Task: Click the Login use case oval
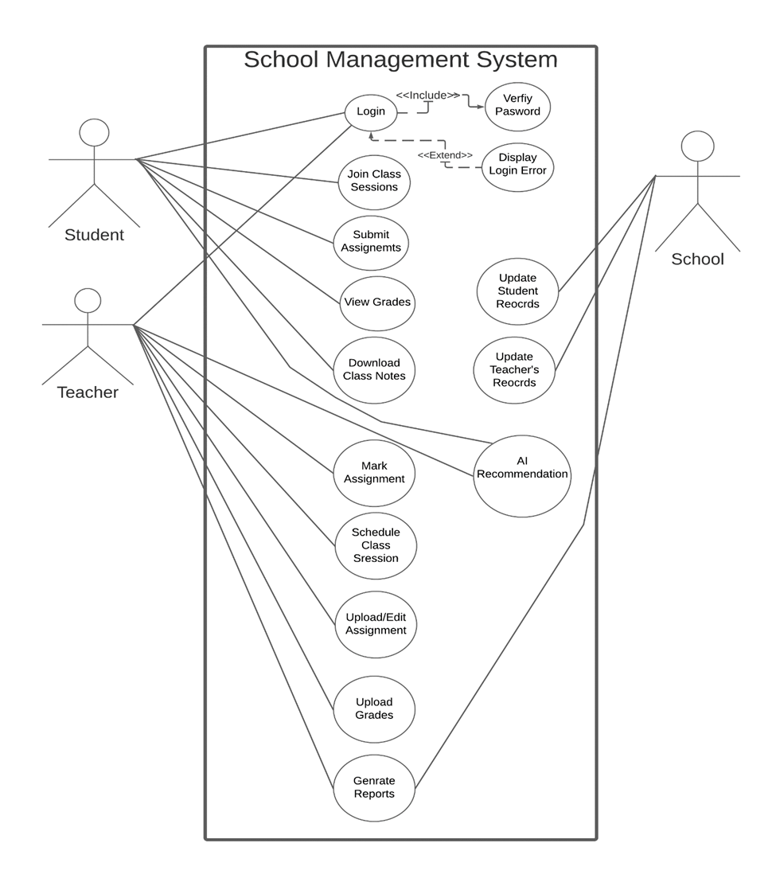tap(371, 111)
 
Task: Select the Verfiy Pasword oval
tap(517, 106)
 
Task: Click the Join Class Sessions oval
tap(374, 181)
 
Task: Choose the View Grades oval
tap(377, 302)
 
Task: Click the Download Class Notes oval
tap(374, 369)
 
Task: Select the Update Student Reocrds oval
tap(517, 291)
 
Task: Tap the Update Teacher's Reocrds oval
tap(514, 369)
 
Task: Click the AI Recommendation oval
tap(522, 474)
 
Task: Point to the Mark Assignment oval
tap(374, 473)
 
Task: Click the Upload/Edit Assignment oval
tap(376, 624)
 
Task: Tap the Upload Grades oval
tap(374, 708)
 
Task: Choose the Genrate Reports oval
tap(374, 787)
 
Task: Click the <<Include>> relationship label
tap(428, 96)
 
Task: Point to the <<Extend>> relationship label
tap(445, 155)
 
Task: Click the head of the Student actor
tap(95, 133)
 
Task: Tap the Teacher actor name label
tap(88, 392)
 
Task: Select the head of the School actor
tap(698, 146)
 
